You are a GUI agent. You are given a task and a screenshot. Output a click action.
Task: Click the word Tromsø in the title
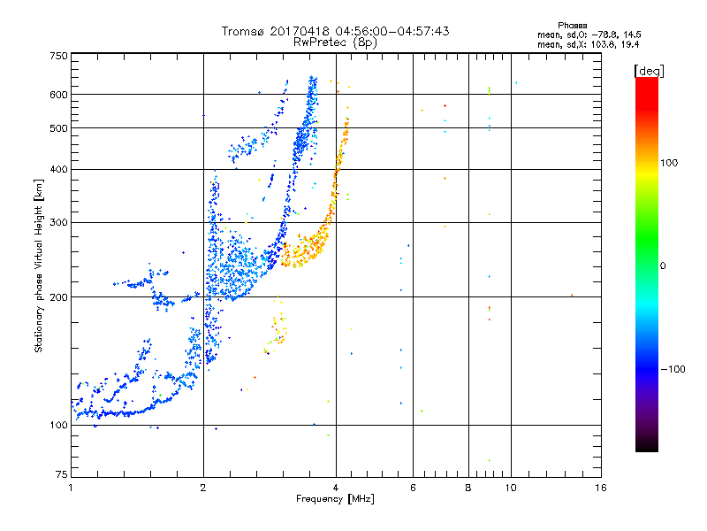243,31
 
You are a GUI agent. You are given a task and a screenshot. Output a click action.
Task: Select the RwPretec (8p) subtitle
335,42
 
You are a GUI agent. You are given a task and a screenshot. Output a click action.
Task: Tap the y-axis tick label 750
58,56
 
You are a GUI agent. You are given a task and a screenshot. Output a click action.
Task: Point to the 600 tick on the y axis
58,95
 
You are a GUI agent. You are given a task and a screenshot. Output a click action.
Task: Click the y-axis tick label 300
58,222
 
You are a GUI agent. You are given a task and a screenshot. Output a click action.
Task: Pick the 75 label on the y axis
62,474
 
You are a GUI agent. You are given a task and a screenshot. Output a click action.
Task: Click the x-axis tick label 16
601,488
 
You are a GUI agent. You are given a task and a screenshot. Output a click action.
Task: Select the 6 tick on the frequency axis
413,488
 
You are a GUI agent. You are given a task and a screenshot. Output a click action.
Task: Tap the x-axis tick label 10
511,488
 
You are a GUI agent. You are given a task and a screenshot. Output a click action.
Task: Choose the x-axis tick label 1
71,488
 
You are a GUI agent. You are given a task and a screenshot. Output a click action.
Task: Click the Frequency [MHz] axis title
335,499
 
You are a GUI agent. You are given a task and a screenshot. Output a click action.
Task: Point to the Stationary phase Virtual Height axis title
39,265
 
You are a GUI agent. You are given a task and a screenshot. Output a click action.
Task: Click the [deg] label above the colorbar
649,71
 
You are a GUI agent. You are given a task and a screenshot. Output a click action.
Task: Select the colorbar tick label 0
663,265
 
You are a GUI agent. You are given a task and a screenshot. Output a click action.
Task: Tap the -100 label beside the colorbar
673,369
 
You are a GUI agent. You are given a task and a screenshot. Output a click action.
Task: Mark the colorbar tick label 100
669,163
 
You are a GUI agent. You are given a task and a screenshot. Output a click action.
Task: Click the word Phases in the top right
572,26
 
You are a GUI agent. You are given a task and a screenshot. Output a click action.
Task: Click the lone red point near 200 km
572,296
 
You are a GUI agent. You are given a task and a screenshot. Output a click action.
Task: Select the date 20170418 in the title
300,31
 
